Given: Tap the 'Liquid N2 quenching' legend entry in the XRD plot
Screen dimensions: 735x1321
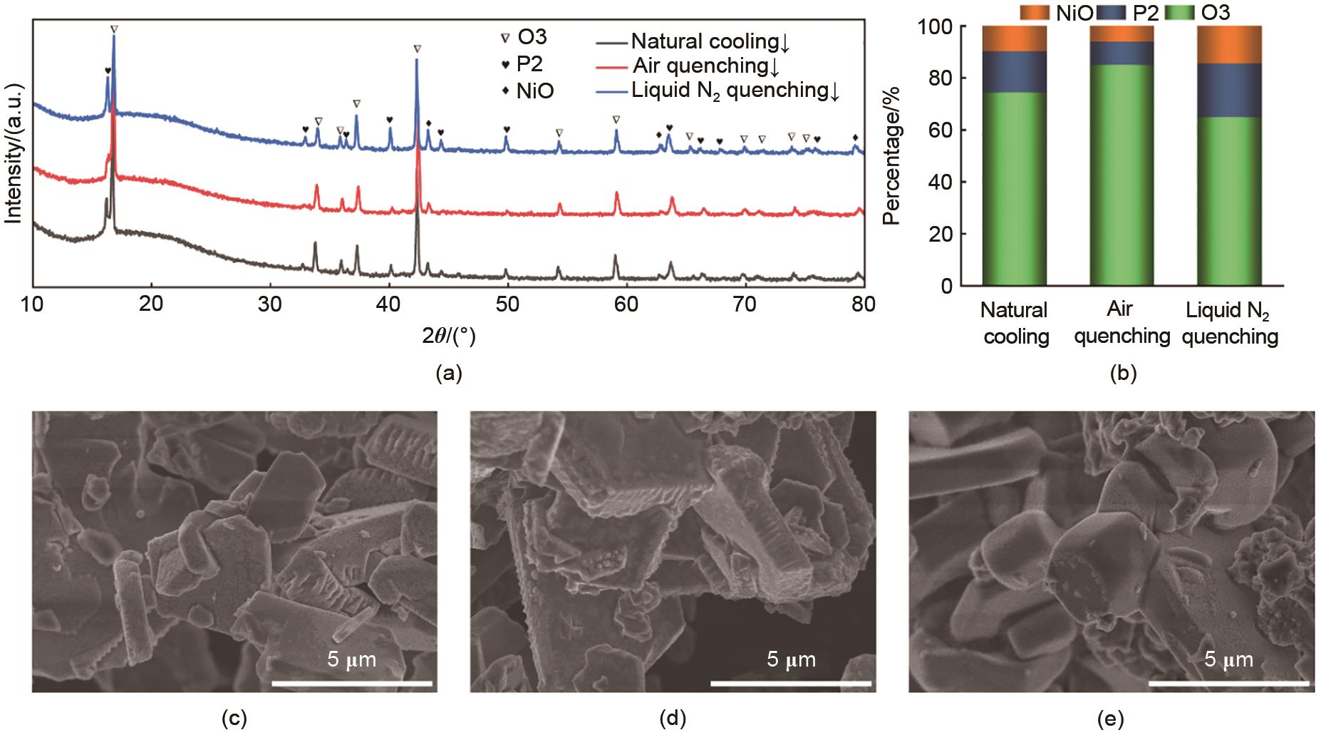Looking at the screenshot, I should point(735,91).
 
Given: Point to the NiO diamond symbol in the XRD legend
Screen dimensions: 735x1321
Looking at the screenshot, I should point(505,91).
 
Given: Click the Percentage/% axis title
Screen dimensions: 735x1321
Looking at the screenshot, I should point(891,155).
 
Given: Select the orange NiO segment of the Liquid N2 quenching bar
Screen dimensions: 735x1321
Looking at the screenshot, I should point(1229,45).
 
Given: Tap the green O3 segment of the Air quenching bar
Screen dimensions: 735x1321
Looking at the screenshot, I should point(1121,175).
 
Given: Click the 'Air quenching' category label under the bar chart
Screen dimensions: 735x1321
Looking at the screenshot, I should point(1121,323).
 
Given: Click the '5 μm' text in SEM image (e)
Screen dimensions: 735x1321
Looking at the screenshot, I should point(1228,659).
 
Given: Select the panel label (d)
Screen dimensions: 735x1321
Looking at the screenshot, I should point(673,719).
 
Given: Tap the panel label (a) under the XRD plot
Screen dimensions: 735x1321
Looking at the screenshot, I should point(448,374).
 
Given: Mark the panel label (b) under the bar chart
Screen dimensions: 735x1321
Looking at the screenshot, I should point(1123,374).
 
